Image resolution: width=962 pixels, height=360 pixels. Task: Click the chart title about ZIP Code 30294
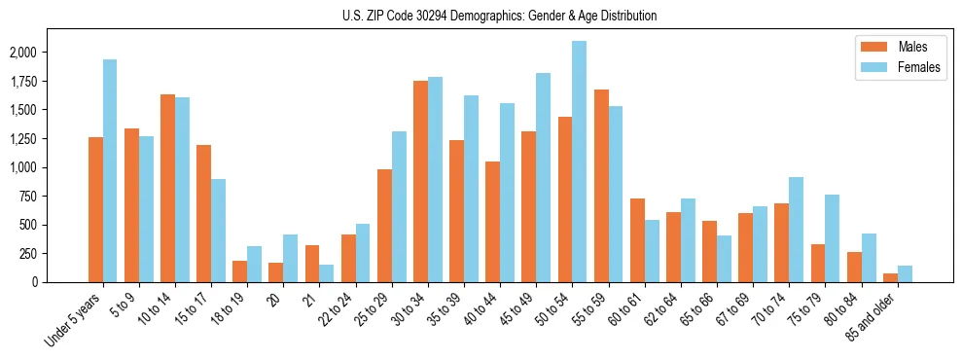[499, 16]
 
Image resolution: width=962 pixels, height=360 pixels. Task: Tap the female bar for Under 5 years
[110, 171]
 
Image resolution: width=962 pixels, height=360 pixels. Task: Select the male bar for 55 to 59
[601, 186]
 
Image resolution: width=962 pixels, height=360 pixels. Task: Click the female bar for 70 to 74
[796, 230]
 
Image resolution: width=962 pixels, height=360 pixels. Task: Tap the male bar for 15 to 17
[203, 214]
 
